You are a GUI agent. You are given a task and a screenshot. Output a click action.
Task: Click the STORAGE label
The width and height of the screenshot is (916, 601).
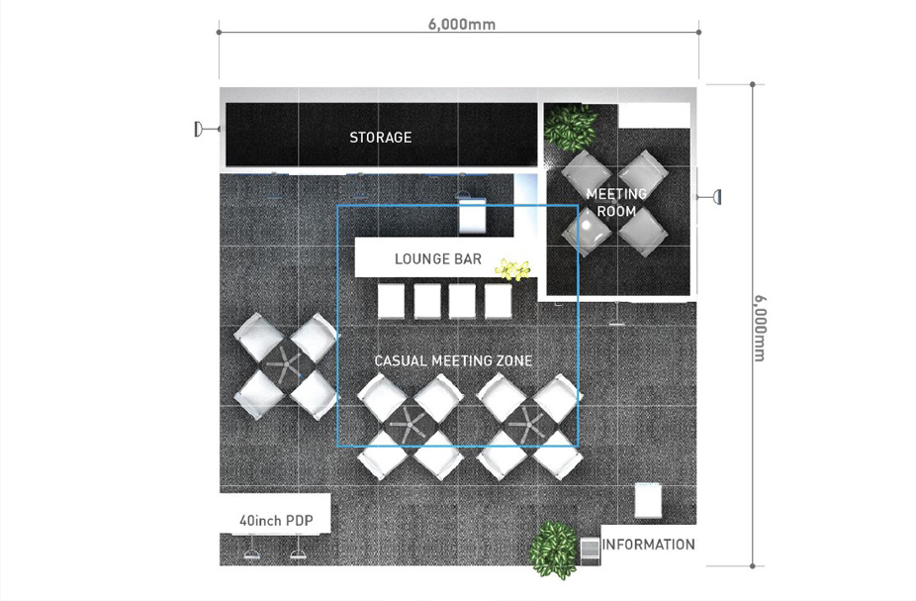coord(380,138)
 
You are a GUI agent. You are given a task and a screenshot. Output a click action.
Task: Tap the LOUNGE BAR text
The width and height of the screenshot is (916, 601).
coord(438,259)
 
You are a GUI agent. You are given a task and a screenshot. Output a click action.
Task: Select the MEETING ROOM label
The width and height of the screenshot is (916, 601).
coord(616,202)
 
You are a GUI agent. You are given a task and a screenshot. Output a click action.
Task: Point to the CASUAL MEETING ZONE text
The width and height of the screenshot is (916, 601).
coord(453,360)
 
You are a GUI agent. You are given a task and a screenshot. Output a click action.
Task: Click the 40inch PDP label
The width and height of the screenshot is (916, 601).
coord(276,521)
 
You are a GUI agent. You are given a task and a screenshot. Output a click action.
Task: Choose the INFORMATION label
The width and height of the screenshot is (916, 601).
coord(649,545)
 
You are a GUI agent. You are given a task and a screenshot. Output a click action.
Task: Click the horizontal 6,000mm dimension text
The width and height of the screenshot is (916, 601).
coord(462,24)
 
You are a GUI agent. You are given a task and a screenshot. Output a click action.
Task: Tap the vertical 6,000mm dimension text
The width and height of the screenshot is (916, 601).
coord(760,329)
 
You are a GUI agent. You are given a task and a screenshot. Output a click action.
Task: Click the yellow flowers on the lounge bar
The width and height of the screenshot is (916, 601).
coord(512,269)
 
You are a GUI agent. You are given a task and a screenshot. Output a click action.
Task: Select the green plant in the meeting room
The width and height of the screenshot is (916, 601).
coord(570,128)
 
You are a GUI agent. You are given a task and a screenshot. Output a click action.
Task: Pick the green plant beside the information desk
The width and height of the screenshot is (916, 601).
coord(553,550)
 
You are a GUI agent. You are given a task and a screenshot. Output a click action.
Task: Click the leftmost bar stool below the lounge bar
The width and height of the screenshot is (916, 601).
coord(391,301)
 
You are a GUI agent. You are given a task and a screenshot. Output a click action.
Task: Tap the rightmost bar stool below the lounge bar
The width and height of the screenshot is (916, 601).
coord(498,301)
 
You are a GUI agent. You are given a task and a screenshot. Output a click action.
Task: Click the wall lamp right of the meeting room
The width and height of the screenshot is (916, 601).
coord(710,197)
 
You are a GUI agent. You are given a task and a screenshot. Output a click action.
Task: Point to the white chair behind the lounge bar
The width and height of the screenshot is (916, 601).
coord(472,215)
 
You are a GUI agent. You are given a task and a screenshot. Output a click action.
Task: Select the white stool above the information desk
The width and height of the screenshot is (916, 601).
coord(648,500)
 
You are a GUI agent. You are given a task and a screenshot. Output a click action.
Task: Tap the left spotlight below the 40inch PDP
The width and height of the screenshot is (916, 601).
coord(252,553)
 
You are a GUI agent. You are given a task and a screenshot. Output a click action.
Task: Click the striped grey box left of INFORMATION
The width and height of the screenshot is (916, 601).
coord(591,551)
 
